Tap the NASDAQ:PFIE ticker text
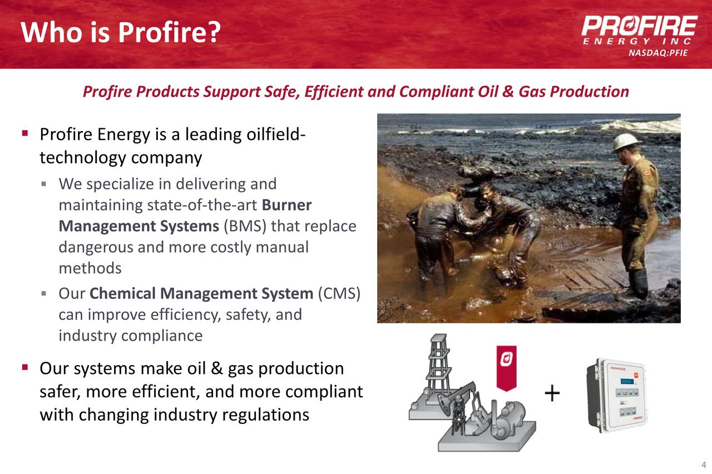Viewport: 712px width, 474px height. (x=658, y=53)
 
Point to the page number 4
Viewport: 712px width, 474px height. (x=703, y=465)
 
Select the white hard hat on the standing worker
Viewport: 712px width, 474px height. (x=626, y=142)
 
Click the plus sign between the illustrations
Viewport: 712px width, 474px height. (x=552, y=394)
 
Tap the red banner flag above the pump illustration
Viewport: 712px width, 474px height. (x=506, y=367)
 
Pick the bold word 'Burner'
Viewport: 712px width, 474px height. (x=286, y=205)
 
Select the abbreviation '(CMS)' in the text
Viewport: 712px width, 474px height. (x=339, y=293)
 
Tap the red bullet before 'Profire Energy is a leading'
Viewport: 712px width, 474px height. (x=25, y=134)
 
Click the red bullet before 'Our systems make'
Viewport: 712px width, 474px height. (x=25, y=368)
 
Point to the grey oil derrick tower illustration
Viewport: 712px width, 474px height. (x=438, y=370)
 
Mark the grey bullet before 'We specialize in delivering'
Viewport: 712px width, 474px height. (x=44, y=183)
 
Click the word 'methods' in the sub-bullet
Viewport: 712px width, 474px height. (x=90, y=268)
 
